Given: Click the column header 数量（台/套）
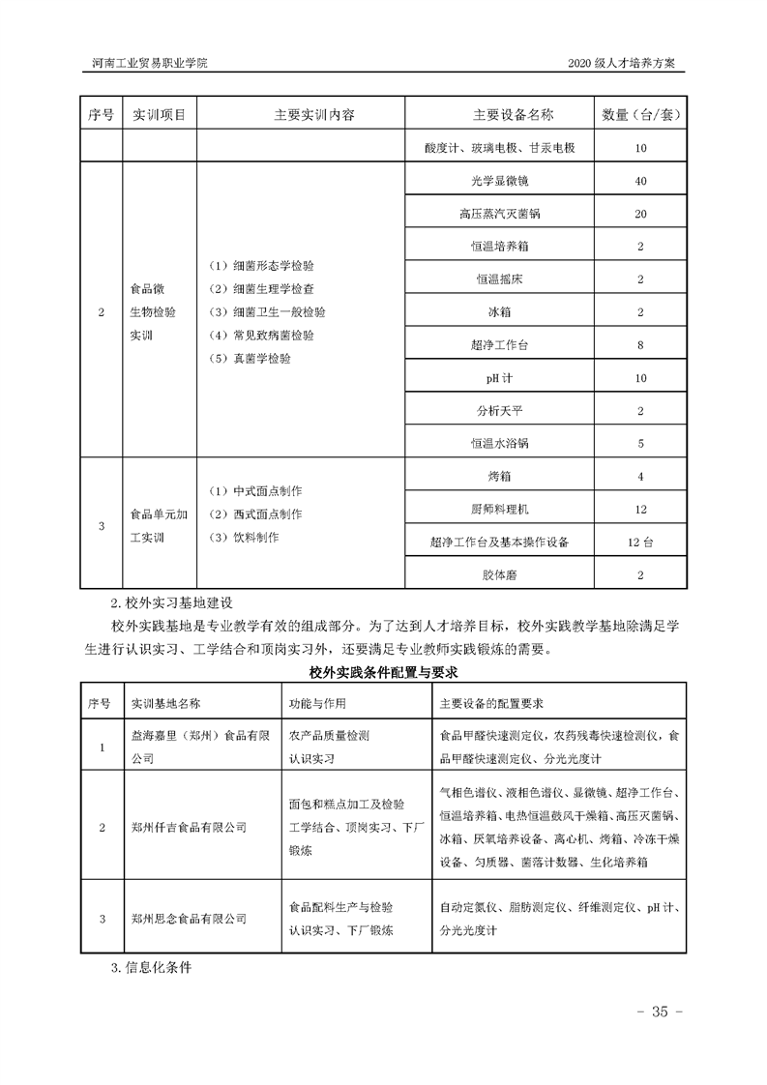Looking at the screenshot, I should point(640,115).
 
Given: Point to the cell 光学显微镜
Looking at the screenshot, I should point(499,181).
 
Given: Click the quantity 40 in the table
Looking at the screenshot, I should point(640,181).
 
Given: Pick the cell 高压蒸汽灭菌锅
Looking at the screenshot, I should point(499,214).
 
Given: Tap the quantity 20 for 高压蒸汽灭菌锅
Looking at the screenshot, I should point(640,214).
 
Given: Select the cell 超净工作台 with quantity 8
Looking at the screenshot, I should point(499,345).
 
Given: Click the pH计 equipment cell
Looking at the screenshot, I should point(499,378).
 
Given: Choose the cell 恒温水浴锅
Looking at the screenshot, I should point(499,444).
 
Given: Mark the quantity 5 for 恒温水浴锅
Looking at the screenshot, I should point(640,444).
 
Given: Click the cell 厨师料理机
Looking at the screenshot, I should point(499,510).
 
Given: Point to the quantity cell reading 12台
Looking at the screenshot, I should point(640,542).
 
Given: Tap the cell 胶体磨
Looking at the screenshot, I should point(499,575).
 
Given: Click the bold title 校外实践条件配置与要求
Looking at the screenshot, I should point(383,671).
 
